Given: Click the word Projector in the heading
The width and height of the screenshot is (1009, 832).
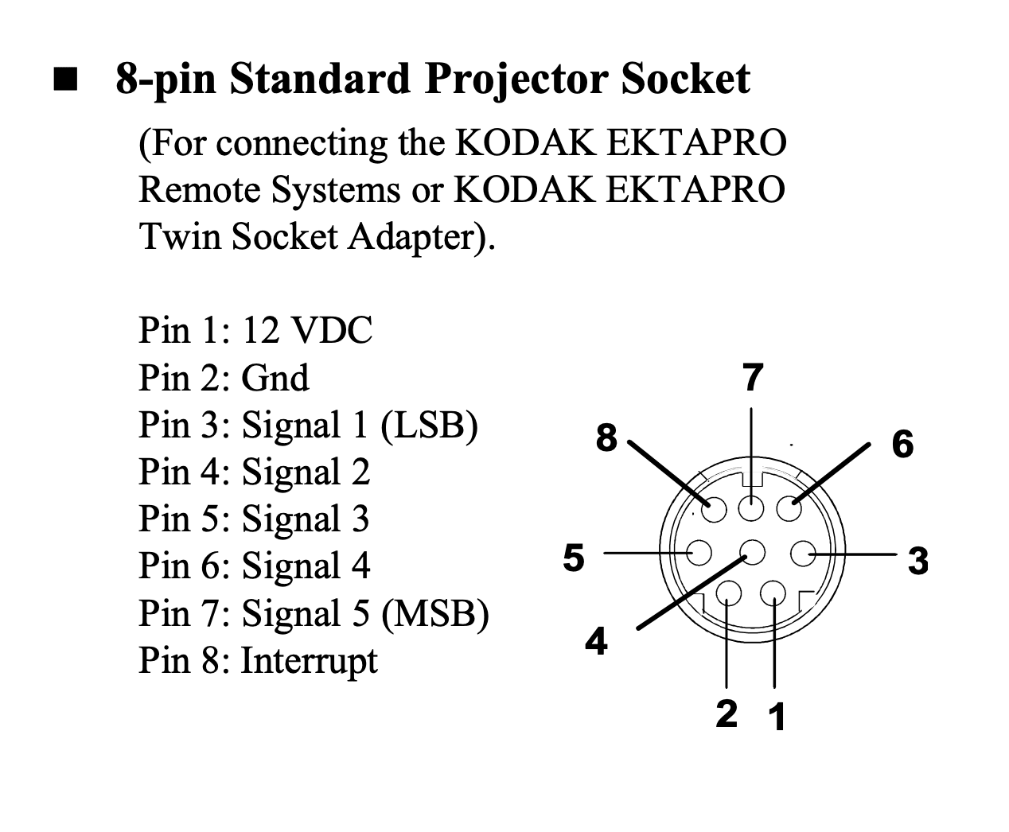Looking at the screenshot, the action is pyautogui.click(x=516, y=80).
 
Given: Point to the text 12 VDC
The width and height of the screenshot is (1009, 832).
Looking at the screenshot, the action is pyautogui.click(x=307, y=330).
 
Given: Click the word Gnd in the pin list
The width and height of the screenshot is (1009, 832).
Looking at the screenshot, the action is pyautogui.click(x=275, y=378).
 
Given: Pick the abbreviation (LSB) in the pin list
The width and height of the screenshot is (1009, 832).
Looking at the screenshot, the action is pyautogui.click(x=429, y=426).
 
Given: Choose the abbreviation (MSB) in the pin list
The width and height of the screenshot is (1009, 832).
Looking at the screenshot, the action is pyautogui.click(x=435, y=614).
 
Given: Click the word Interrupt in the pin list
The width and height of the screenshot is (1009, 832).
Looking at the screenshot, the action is pyautogui.click(x=310, y=662).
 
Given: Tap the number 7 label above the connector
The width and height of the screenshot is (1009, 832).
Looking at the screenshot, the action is pyautogui.click(x=753, y=377).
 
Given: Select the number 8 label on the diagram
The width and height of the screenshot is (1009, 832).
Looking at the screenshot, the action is pyautogui.click(x=606, y=438).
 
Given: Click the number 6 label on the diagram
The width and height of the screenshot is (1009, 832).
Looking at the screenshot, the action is pyautogui.click(x=902, y=444).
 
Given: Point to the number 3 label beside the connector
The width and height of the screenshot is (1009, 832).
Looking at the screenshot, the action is pyautogui.click(x=918, y=561).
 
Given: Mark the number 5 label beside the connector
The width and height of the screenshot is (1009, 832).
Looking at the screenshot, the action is pyautogui.click(x=574, y=558).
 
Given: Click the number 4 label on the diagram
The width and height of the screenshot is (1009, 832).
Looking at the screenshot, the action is pyautogui.click(x=596, y=641).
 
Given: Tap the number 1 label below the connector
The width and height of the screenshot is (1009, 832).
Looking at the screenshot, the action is pyautogui.click(x=777, y=717).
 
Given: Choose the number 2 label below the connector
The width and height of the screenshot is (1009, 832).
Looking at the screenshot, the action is pyautogui.click(x=727, y=713).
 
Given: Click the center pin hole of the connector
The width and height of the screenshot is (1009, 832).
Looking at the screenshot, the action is pyautogui.click(x=753, y=551).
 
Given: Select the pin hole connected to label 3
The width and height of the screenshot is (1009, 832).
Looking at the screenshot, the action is pyautogui.click(x=803, y=554).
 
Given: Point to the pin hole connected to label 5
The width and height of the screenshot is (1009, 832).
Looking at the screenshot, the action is pyautogui.click(x=699, y=552).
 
